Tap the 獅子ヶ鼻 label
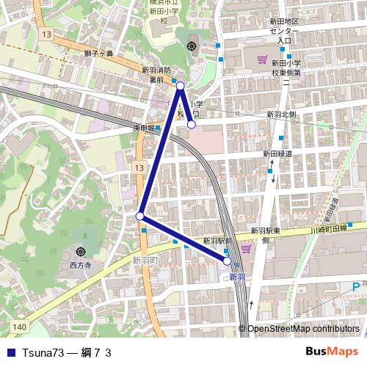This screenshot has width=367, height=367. point(98,54)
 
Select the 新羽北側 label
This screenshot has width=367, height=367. point(281,115)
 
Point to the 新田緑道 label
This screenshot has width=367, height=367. point(277,154)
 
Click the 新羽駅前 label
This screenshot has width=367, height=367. point(217,241)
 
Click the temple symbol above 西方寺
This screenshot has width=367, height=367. point(81,251)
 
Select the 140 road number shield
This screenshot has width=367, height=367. point(18,326)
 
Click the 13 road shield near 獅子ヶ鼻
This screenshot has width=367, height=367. point(47,35)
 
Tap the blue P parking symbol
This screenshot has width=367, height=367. point(355,286)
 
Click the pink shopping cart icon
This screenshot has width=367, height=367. point(262,58)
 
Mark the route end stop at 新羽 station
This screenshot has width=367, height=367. point(228,261)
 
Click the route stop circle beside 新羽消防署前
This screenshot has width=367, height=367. point(181,86)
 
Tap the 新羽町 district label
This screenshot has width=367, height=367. point(145,261)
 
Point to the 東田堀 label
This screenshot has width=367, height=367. point(143,128)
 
